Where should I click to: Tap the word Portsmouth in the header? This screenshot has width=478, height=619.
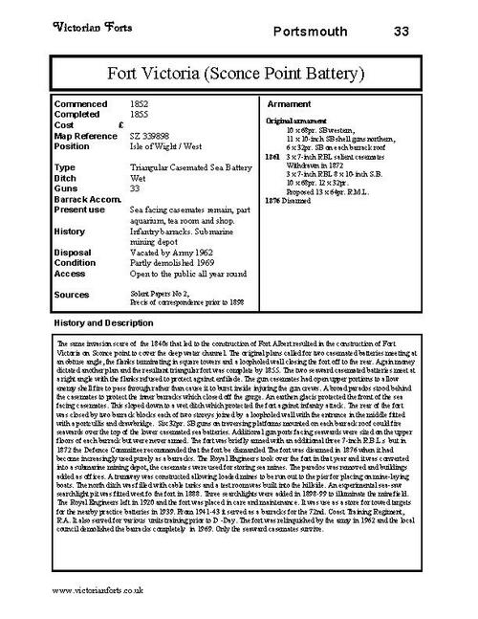[x=308, y=32]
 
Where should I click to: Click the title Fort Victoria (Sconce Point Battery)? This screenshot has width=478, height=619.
[x=238, y=72]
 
